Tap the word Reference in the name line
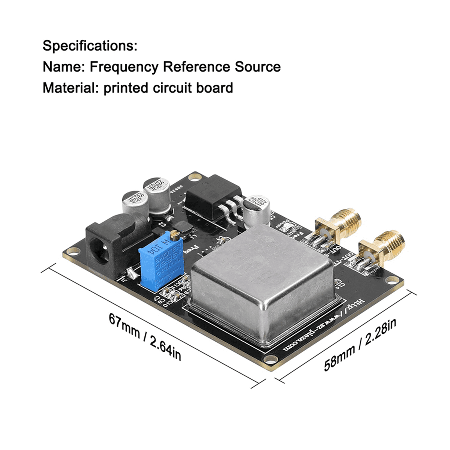pos(196,67)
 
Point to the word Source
pos(258,67)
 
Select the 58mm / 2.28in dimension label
pos(360,344)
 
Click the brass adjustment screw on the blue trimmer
pos(174,235)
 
